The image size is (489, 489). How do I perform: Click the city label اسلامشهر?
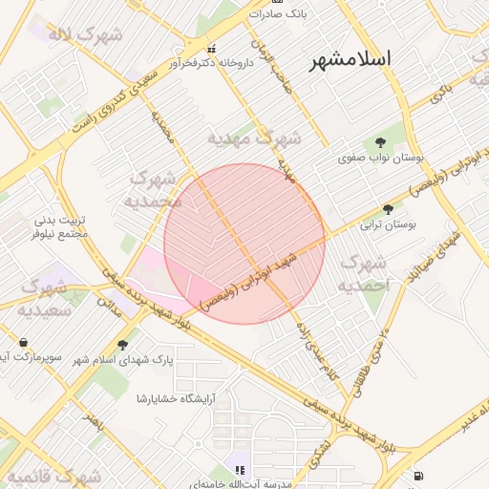pos(351,59)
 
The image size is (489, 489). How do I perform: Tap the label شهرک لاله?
pos(87,35)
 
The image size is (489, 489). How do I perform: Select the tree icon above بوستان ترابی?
pos(388,208)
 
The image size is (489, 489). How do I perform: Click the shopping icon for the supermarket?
pos(23,342)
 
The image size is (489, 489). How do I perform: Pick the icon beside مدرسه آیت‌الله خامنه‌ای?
pos(240,470)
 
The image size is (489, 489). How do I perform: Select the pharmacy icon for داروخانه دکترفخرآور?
pos(211,49)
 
